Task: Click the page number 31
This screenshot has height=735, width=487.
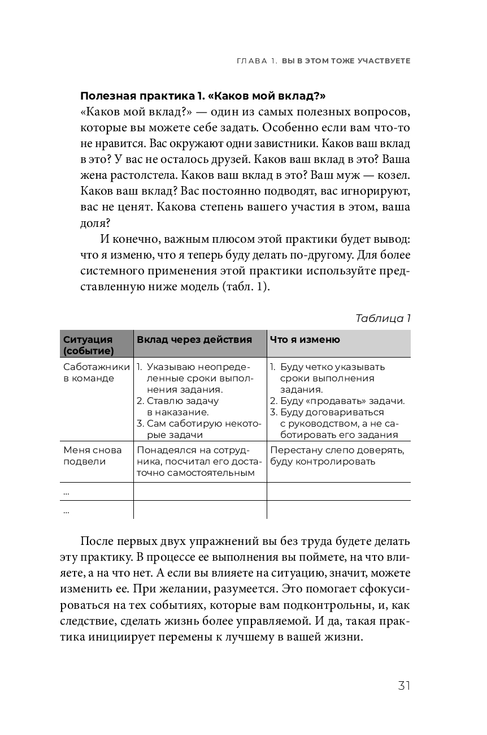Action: coord(403,686)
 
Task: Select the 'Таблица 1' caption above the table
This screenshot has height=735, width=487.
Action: coord(382,318)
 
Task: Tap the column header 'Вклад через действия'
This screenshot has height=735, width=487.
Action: coord(194,339)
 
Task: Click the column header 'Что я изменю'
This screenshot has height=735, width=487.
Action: coord(305,339)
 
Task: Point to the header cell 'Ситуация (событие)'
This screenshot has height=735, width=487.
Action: coord(89,345)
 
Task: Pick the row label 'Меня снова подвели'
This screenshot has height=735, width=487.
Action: coord(85,455)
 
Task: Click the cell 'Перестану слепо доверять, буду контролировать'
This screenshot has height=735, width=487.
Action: coord(337,455)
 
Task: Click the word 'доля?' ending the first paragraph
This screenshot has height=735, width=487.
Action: coord(96,222)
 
